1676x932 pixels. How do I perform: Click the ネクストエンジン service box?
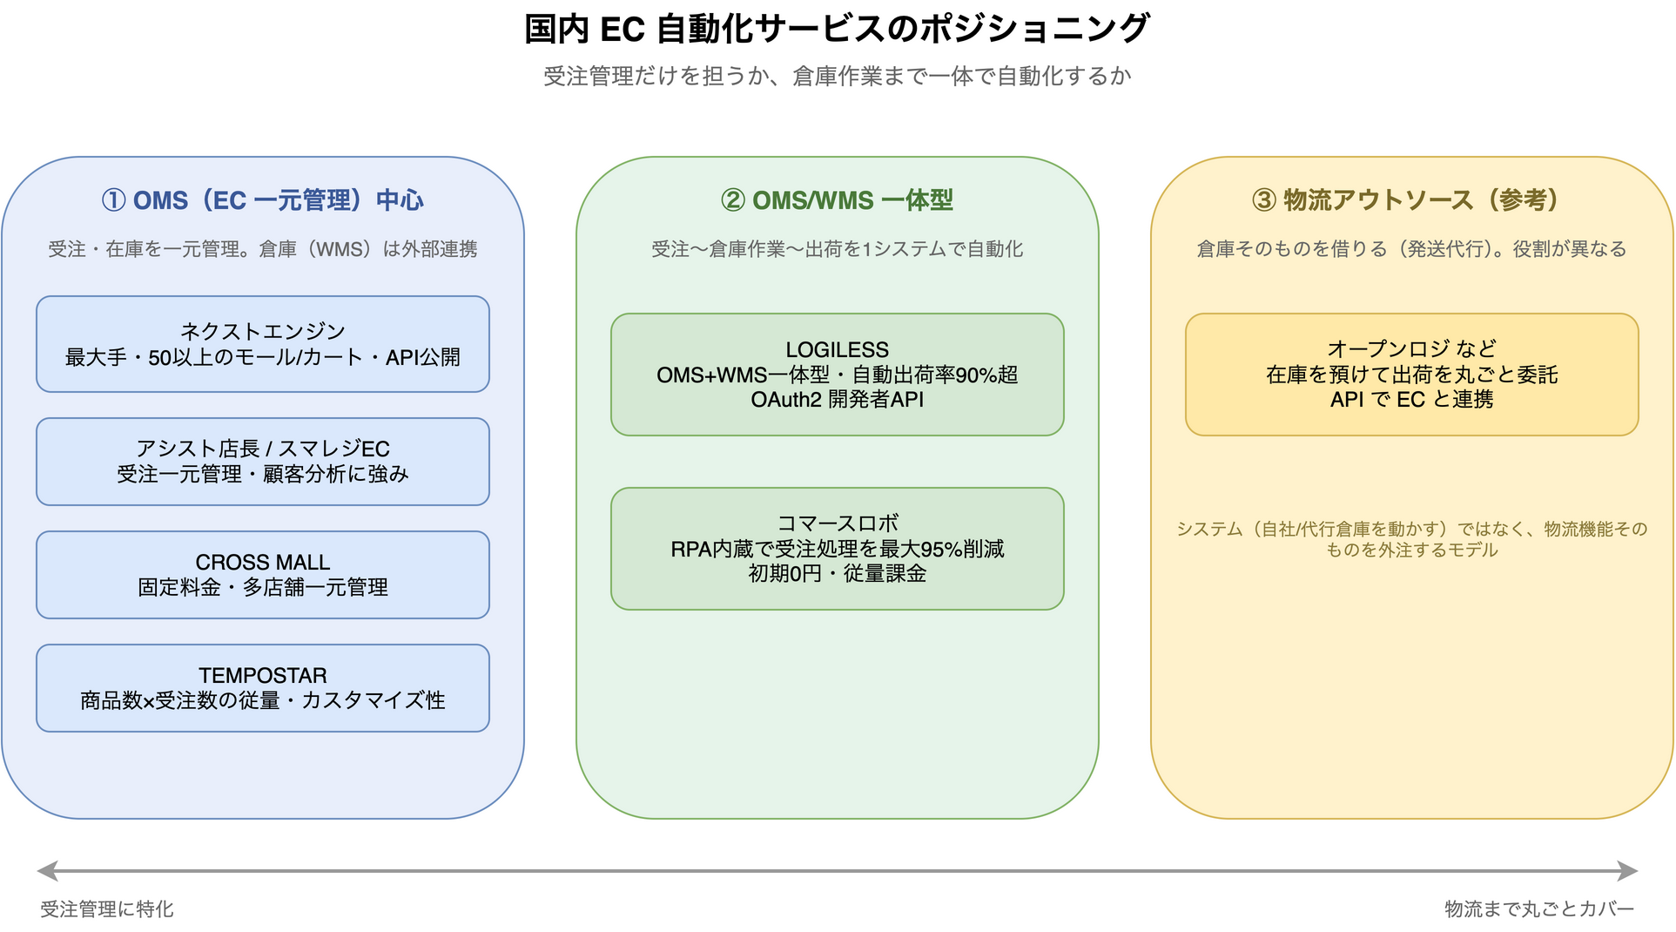263,344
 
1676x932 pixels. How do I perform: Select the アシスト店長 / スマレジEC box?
263,462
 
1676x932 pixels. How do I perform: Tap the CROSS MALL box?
263,575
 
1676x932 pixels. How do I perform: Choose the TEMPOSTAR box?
263,688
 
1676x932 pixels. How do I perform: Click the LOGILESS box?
838,375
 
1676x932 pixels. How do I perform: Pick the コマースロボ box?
838,549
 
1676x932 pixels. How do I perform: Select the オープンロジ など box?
1412,375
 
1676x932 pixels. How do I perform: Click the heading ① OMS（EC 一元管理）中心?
263,200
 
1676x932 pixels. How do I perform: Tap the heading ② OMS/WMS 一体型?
838,200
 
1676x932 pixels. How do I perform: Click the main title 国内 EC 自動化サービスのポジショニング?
838,29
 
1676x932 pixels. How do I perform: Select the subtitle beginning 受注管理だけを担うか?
838,77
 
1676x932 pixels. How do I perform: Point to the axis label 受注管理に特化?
107,909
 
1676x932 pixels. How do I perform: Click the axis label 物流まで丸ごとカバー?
1539,909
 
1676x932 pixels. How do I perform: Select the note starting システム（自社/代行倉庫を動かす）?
1412,539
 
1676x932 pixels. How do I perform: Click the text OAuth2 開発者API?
838,400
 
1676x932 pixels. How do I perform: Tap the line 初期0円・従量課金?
838,574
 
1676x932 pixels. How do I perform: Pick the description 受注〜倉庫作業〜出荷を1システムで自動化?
838,249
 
